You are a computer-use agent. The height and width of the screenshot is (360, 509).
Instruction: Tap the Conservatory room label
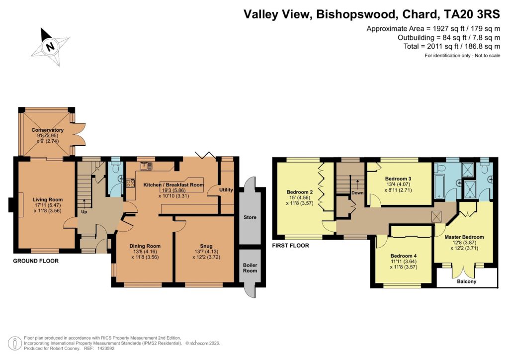pyautogui.click(x=48, y=130)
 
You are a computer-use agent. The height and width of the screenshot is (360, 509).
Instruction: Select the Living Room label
pyautogui.click(x=48, y=200)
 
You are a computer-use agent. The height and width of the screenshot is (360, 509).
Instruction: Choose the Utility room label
pyautogui.click(x=226, y=189)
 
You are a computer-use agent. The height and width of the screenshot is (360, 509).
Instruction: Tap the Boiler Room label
pyautogui.click(x=250, y=268)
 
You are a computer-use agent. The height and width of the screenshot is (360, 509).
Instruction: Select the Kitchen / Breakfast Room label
pyautogui.click(x=173, y=185)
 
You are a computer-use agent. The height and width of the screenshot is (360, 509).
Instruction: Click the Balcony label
pyautogui.click(x=466, y=282)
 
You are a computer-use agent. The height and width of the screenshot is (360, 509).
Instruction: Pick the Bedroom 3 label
pyautogui.click(x=398, y=179)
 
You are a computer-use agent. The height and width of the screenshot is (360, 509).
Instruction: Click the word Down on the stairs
pyautogui.click(x=357, y=192)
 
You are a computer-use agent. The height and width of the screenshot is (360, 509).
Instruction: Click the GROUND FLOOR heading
pyautogui.click(x=36, y=261)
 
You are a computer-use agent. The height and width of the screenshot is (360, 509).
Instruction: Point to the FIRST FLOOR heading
pyautogui.click(x=291, y=246)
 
